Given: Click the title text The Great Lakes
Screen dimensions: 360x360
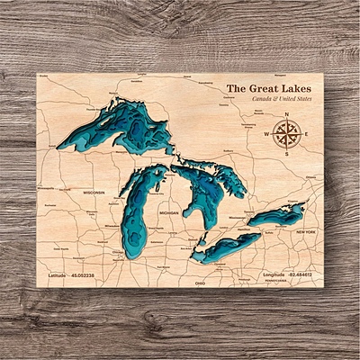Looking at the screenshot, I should coord(268,88).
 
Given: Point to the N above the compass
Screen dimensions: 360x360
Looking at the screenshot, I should coord(287,115).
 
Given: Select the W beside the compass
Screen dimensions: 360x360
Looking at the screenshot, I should coord(267,135).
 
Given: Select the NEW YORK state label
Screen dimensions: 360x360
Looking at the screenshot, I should coord(306,232).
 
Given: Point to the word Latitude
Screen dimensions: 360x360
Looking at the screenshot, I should coord(58,273).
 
